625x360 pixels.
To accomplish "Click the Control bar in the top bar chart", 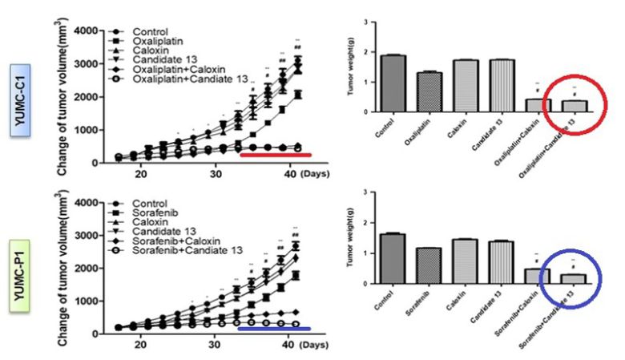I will [393, 83].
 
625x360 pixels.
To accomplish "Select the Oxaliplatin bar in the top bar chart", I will [430, 92].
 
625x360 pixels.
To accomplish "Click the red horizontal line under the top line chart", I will [276, 156].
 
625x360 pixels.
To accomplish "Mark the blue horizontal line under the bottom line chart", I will [275, 328].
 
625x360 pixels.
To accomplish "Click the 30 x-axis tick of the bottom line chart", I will [215, 345].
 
